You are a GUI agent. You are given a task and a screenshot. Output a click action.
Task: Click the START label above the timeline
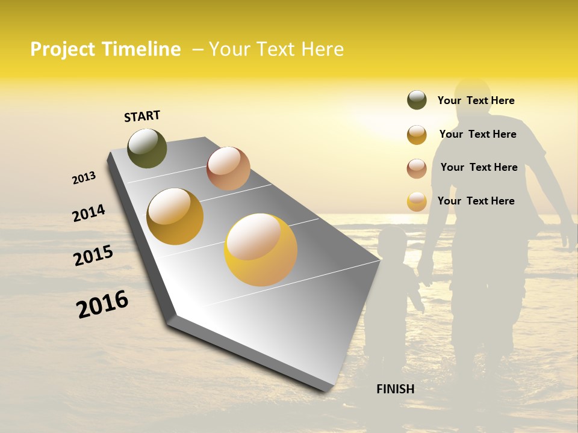(142, 116)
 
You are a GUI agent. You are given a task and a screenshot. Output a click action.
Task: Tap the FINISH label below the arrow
(395, 389)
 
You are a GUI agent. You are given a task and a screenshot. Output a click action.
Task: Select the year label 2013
(84, 178)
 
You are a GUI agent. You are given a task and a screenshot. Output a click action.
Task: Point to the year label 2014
(89, 213)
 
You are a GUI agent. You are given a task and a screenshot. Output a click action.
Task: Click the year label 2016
(102, 304)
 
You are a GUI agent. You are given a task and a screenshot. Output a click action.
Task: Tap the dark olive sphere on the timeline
(147, 148)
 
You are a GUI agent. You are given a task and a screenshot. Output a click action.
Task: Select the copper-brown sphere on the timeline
(228, 168)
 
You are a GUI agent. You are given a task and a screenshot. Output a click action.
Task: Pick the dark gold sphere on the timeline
(175, 216)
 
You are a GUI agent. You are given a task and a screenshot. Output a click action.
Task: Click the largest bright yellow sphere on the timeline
(261, 250)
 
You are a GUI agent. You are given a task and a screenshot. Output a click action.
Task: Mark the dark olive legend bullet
(417, 100)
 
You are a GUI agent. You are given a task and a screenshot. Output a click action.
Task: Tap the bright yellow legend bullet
(417, 201)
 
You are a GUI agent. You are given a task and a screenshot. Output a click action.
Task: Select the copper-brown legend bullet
(417, 168)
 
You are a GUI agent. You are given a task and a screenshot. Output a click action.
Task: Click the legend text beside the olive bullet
(476, 100)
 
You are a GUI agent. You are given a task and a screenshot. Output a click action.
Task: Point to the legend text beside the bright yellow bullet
(476, 201)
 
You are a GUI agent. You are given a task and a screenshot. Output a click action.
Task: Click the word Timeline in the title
(141, 49)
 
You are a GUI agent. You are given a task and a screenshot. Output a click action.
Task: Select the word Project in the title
(63, 49)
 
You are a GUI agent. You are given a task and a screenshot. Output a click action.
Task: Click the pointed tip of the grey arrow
(379, 261)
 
